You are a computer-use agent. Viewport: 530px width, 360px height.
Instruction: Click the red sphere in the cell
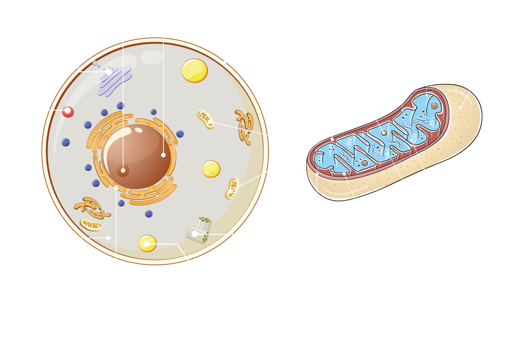coord(68,112)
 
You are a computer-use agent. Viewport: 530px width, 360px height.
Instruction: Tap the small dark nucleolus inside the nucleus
coord(123,171)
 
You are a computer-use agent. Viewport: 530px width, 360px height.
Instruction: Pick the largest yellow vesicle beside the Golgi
coord(194,71)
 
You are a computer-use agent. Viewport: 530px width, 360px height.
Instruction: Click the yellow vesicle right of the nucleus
coord(211,169)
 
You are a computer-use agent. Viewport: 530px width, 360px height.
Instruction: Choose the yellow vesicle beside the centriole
coord(147,243)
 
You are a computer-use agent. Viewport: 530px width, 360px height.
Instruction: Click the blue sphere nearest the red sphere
coord(66,142)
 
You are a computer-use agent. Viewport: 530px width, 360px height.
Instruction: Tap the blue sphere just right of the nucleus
coord(180,134)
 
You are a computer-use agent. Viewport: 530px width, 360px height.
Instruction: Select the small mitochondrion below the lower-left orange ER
coord(91,224)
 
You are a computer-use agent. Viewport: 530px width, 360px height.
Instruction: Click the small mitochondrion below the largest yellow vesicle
coord(205,119)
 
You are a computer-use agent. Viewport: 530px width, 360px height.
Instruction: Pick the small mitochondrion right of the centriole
coord(232,188)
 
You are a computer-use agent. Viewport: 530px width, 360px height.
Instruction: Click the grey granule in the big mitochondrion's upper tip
coord(434,106)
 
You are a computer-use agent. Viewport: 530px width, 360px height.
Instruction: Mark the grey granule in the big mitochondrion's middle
coord(384,133)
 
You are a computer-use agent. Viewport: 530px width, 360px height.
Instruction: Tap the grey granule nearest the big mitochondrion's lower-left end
coord(365,163)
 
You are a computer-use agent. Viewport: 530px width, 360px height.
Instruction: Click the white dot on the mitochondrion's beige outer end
coord(460,108)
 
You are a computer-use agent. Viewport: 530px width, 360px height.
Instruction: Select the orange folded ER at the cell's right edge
coord(245,126)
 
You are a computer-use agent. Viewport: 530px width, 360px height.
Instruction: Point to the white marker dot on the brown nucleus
coord(164,155)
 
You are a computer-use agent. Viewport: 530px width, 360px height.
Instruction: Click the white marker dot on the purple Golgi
coord(109,72)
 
